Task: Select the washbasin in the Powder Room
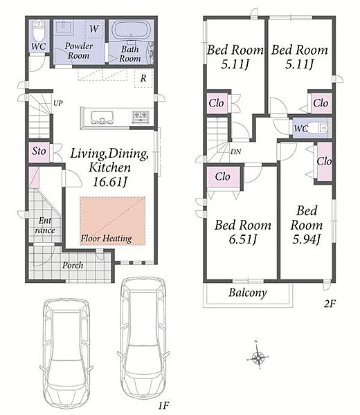click(64, 27)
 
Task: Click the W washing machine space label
click(94, 28)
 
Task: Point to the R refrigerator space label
click(143, 78)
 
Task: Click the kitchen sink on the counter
click(102, 118)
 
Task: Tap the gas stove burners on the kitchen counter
click(141, 116)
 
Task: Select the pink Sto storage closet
click(39, 152)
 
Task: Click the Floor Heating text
click(106, 239)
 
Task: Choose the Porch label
click(73, 265)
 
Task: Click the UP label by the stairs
click(58, 103)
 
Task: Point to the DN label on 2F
click(236, 151)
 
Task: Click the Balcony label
click(248, 293)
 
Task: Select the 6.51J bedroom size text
click(242, 239)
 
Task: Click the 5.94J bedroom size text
click(307, 239)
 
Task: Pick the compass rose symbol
click(258, 358)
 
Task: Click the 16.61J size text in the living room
click(110, 182)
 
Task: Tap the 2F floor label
click(330, 304)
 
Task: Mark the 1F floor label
click(163, 405)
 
